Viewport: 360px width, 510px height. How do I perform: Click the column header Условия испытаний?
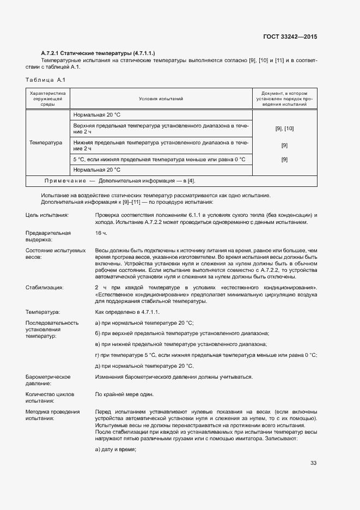click(161, 99)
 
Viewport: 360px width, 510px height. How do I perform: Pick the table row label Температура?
click(46, 143)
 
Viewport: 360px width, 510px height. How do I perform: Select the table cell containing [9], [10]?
click(284, 128)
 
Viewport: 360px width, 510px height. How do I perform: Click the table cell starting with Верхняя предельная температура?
click(161, 129)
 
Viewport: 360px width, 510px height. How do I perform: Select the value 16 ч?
click(101, 233)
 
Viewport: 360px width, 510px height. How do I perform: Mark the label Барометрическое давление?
click(48, 380)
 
